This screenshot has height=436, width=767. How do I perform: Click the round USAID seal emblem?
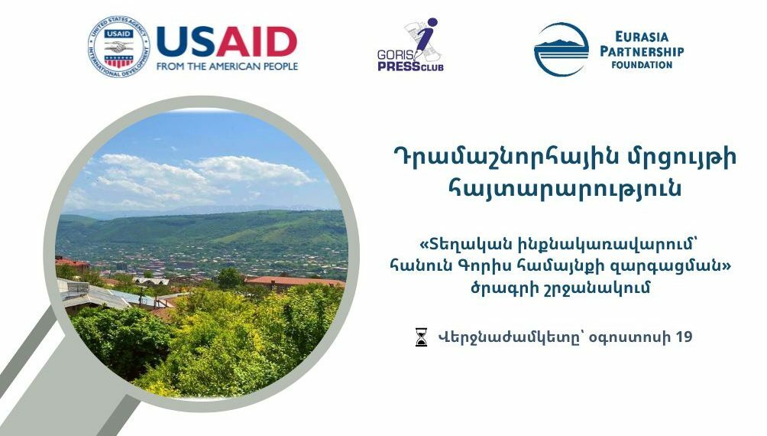[x=118, y=47]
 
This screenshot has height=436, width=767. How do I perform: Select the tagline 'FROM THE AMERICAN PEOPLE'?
[x=227, y=67]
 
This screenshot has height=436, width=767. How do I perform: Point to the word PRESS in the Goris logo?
[x=397, y=67]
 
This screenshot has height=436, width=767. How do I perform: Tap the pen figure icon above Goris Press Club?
[x=420, y=38]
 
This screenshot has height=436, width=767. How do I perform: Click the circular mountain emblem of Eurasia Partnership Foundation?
[x=561, y=50]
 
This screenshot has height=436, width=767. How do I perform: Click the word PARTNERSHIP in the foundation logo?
[x=642, y=50]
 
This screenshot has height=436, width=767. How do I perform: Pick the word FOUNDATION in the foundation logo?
[x=642, y=65]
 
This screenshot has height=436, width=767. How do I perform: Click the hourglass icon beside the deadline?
[x=421, y=337]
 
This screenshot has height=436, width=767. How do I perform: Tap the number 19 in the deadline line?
[x=684, y=337]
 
